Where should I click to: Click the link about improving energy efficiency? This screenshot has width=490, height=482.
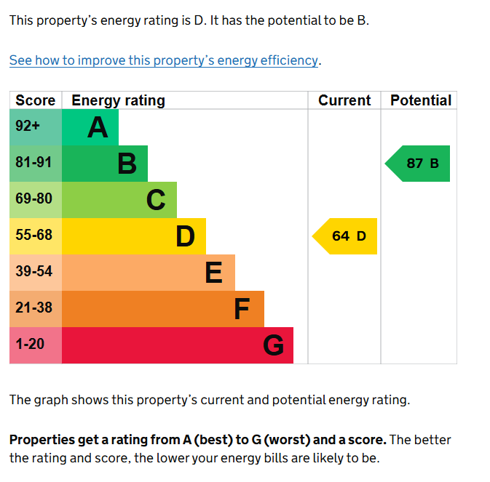[164, 60]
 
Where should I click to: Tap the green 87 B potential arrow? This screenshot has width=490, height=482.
[419, 164]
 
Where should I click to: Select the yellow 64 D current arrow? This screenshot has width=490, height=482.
[346, 236]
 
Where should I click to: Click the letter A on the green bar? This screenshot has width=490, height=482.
[98, 128]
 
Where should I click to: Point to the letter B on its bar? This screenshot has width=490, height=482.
[127, 164]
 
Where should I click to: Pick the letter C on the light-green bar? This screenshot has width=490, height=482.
[156, 200]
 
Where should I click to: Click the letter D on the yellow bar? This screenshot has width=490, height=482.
[186, 236]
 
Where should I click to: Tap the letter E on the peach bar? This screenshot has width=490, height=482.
[213, 273]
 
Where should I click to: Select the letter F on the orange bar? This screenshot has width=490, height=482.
[242, 310]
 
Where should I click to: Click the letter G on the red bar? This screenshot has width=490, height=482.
[273, 345]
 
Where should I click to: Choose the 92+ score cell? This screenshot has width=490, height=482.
[28, 126]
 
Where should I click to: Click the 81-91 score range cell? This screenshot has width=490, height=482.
[33, 163]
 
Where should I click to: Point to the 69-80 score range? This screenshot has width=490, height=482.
[33, 199]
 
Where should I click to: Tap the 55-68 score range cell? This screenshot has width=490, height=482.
[33, 236]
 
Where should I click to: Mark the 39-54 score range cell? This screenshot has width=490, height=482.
[33, 272]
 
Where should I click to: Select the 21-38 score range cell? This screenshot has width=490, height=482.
[33, 308]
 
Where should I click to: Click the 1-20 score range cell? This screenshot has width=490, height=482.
[30, 345]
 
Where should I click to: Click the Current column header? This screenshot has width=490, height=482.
[344, 100]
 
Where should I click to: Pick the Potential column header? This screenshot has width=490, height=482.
[421, 100]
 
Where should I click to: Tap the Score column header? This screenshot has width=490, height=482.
[35, 100]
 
